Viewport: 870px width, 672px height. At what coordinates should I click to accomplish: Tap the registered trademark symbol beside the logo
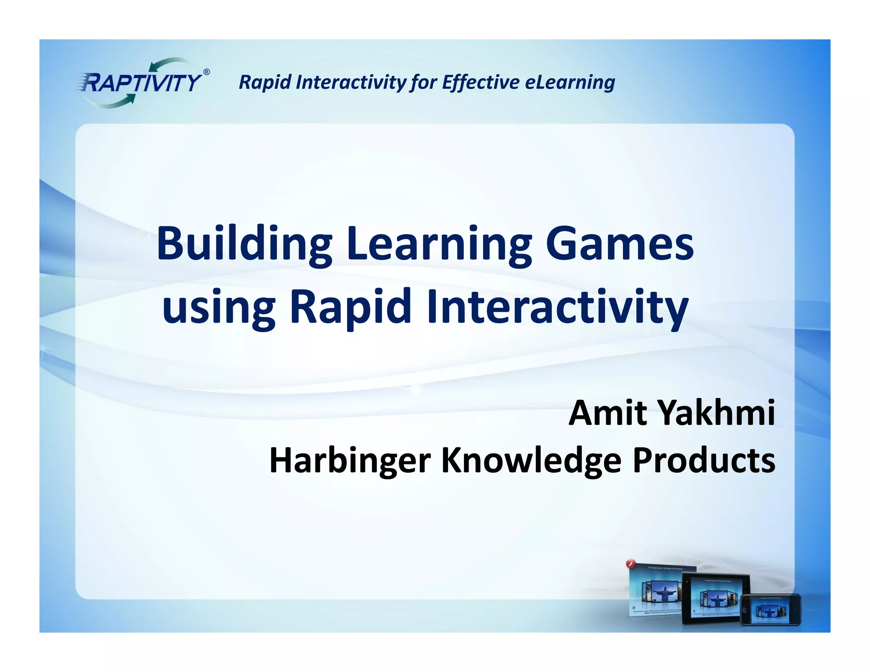206,72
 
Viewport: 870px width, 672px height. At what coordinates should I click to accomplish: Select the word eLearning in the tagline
570,82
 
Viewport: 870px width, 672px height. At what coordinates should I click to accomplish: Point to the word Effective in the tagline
480,82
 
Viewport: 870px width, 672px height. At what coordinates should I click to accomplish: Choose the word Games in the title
619,244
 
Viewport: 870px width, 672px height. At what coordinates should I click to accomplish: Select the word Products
704,460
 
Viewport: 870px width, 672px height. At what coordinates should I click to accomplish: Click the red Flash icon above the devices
631,565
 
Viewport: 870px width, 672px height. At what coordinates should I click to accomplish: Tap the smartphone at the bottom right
771,610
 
